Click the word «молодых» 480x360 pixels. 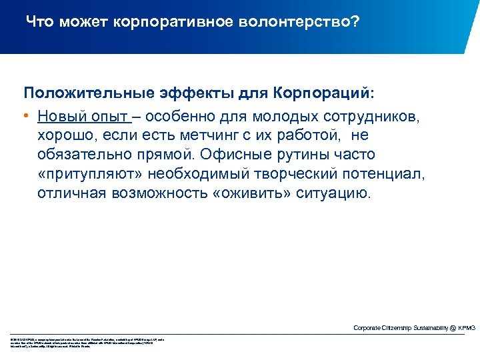pyautogui.click(x=267, y=117)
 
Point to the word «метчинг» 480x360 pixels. pyautogui.click(x=207, y=136)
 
